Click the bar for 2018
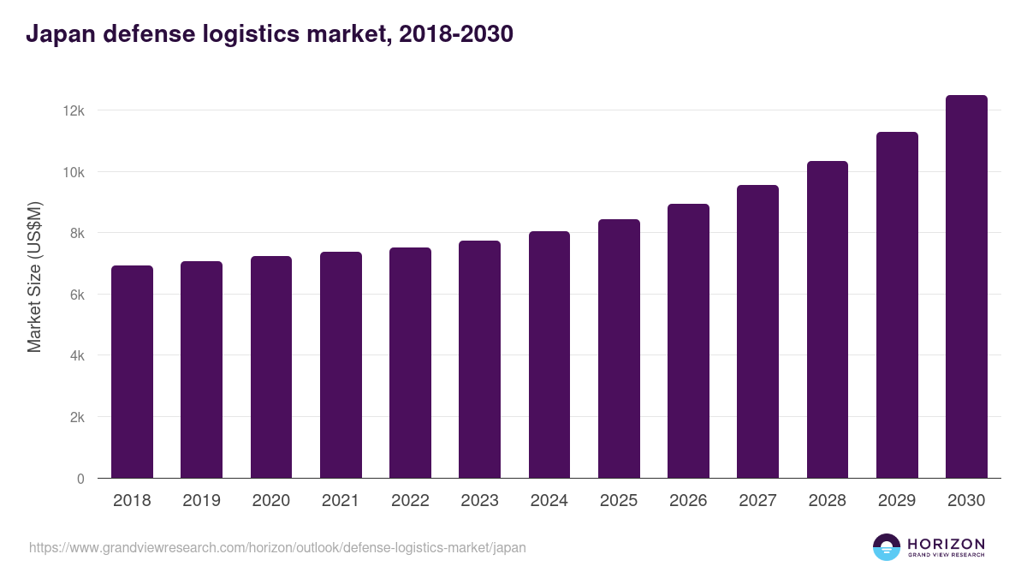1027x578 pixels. coord(132,372)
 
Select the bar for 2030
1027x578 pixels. coord(966,287)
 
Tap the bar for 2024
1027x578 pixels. coord(549,355)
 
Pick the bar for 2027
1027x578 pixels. coord(757,331)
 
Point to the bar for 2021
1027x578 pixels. coord(341,365)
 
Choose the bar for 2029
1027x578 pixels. coord(897,305)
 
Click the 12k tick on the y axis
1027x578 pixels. coord(73,111)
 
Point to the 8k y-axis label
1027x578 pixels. coord(76,234)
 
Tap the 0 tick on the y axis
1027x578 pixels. coord(80,479)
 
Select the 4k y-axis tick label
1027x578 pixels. coord(76,356)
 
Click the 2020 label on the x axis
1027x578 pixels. coord(270,501)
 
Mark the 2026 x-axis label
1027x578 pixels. coord(688,501)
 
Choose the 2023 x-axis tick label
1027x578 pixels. coord(479,501)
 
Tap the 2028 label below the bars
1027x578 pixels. coord(827,501)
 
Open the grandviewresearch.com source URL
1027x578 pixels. coord(277,547)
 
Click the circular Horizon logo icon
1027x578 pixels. coord(887,547)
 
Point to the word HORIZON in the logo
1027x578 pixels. coord(946,544)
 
